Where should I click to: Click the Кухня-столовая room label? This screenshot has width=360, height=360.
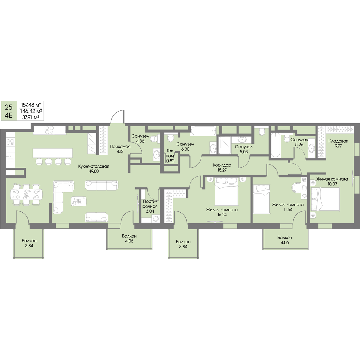coord(94,166)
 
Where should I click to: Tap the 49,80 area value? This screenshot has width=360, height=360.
coord(94,171)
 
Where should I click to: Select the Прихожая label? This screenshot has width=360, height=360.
coord(120,147)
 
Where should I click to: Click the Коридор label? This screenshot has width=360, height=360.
coord(222,165)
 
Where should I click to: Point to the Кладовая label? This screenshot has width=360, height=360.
coord(338,141)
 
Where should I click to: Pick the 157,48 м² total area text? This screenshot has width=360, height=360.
coord(31,104)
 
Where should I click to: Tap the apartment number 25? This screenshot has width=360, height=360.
coord(9,107)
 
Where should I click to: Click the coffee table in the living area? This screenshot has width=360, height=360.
coord(79,202)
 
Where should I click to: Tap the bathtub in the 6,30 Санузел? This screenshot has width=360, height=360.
coord(203,131)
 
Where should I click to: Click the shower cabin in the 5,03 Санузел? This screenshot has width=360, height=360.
coord(225,145)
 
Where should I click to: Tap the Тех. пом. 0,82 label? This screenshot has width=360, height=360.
coord(170,156)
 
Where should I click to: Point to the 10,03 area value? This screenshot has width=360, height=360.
coord(332,184)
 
